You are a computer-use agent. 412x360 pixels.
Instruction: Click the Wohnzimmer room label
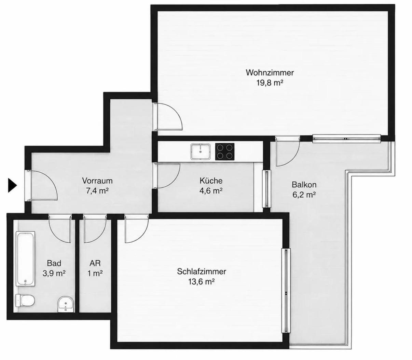pyautogui.click(x=270, y=72)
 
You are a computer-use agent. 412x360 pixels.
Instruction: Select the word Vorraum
pyautogui.click(x=97, y=181)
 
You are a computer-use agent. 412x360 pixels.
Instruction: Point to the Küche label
pyautogui.click(x=211, y=181)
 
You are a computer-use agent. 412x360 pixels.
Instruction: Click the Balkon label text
pyautogui.click(x=304, y=185)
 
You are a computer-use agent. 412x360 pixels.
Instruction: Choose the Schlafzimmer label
pyautogui.click(x=202, y=272)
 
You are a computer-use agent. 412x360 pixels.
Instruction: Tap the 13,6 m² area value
pyautogui.click(x=201, y=282)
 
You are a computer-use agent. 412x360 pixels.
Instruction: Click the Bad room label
pyautogui.click(x=54, y=263)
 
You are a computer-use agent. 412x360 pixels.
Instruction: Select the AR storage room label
pyautogui.click(x=95, y=263)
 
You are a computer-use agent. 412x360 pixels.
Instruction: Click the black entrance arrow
pyautogui.click(x=12, y=185)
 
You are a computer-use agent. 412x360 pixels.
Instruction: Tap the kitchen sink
pyautogui.click(x=201, y=152)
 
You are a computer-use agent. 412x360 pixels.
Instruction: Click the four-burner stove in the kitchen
pyautogui.click(x=225, y=152)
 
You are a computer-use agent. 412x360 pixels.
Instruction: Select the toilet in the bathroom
pyautogui.click(x=25, y=301)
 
